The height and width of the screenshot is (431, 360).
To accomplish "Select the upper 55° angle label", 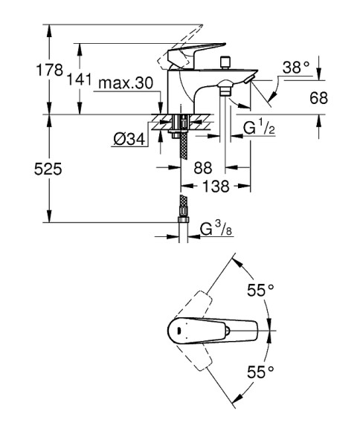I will [260, 291].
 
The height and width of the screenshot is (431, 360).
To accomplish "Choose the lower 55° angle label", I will [260, 369].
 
